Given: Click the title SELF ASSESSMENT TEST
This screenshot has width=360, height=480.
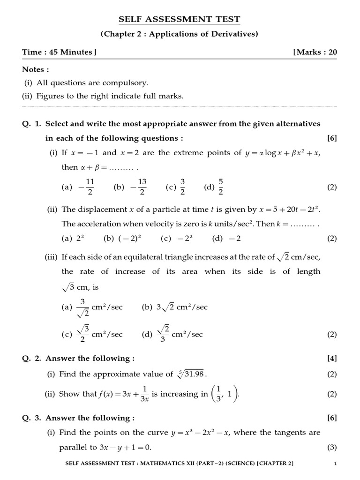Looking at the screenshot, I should pos(180,19).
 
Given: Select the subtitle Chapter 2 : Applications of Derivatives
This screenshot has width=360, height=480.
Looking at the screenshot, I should pos(180,34).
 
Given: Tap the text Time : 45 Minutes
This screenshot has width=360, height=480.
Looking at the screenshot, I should pos(59,52).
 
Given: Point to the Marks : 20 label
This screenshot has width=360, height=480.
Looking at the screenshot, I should pos(315,52).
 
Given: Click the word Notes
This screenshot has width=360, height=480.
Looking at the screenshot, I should pos(36,69).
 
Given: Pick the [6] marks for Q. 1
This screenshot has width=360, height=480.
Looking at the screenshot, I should pos(332,138).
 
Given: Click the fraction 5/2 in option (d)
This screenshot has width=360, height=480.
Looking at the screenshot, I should pos(220,187).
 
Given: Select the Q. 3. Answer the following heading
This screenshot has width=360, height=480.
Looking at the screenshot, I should pos(78,418).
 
